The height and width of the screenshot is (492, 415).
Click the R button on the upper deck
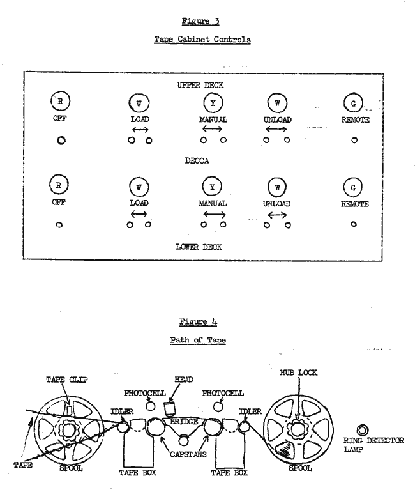point(59,102)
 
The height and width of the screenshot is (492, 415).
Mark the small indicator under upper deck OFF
point(61,141)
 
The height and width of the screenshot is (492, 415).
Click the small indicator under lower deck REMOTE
point(354,224)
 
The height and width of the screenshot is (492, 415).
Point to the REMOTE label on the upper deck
point(354,119)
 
